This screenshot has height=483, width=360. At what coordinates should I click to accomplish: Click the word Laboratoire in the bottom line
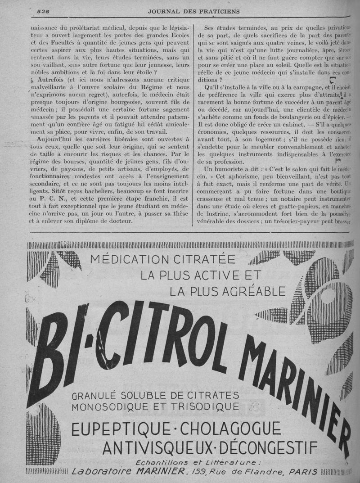click(x=99, y=472)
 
